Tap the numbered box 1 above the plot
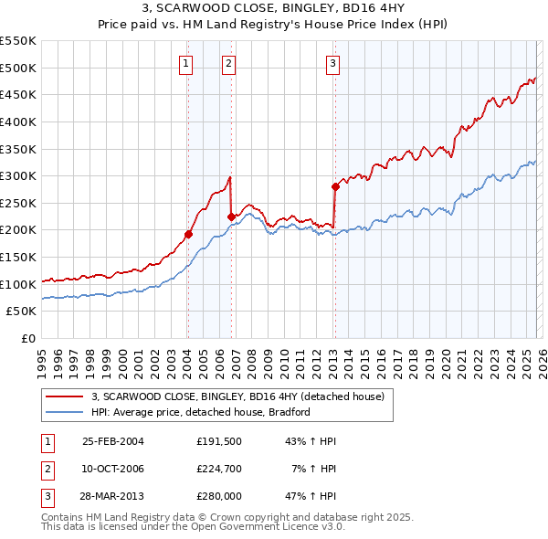point(186,63)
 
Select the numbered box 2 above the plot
point(227,63)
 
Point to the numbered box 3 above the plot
point(332,63)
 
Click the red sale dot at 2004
point(188,234)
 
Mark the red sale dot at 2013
point(334,186)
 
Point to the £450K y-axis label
point(19,94)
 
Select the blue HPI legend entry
point(201,412)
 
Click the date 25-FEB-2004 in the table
point(112,441)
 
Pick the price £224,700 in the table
point(218,469)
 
